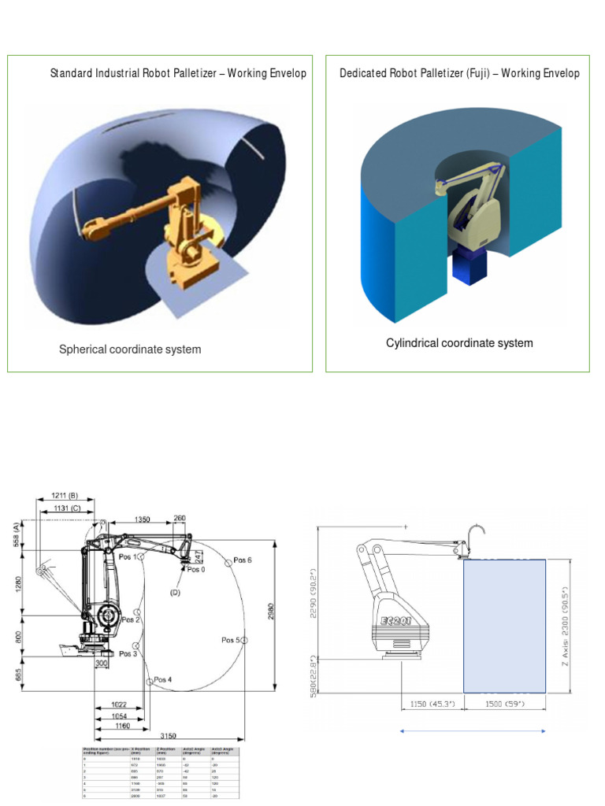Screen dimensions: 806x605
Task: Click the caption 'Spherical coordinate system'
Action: click(130, 349)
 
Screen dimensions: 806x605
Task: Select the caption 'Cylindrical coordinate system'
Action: click(459, 343)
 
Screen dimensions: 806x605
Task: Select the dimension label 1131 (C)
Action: click(65, 509)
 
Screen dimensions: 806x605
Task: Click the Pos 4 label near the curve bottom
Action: click(162, 679)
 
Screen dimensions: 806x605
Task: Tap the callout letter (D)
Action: click(175, 591)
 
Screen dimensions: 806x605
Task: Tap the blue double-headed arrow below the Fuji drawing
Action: click(473, 731)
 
